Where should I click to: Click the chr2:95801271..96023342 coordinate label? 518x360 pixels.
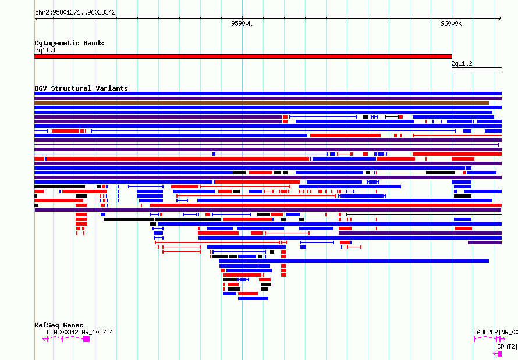(75, 13)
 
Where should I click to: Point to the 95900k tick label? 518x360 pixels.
(242, 23)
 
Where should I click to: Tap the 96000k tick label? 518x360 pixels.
(451, 23)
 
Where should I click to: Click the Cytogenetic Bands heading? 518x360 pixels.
(69, 43)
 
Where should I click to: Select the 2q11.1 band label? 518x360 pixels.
(45, 50)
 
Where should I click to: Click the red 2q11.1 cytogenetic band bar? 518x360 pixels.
(243, 56)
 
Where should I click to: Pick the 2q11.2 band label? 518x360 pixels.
(462, 63)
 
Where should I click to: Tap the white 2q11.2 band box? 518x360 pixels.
(477, 70)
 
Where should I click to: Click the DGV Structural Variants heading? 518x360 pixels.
(81, 88)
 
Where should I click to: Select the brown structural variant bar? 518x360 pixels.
(262, 103)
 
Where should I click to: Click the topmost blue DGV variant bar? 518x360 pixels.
(268, 94)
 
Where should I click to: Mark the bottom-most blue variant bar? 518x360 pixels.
(253, 298)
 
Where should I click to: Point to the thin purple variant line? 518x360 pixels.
(267, 145)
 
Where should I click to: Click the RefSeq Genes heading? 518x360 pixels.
(59, 325)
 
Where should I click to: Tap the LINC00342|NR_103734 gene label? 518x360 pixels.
(80, 332)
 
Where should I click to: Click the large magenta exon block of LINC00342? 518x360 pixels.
(87, 339)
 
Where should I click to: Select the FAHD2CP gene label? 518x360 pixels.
(485, 332)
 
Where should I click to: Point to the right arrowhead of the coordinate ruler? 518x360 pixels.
(501, 19)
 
